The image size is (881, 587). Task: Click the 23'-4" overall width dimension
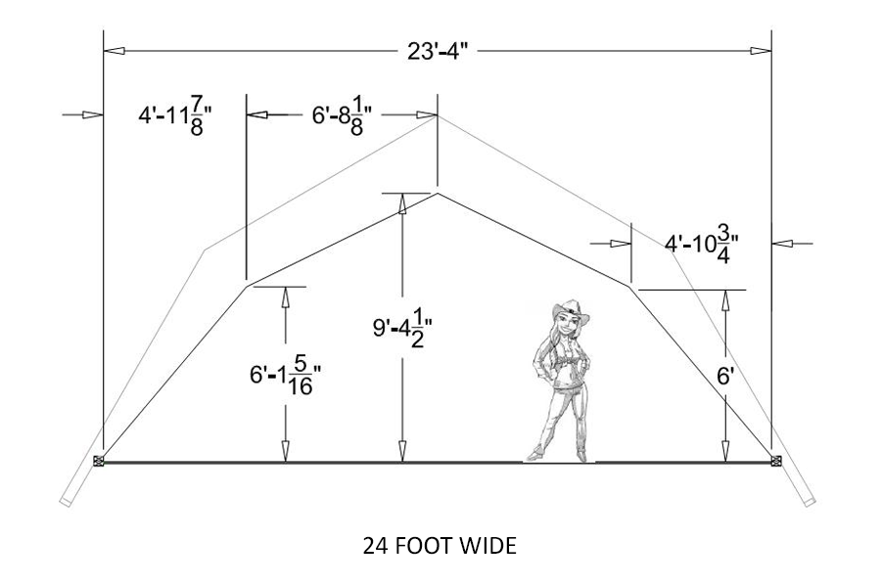tap(438, 51)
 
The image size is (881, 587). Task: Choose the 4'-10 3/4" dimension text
tap(701, 244)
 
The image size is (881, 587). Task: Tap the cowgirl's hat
tap(571, 311)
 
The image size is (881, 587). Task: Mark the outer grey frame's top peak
tap(438, 115)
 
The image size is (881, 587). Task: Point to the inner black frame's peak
tap(438, 194)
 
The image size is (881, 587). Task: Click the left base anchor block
tap(98, 461)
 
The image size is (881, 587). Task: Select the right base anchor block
tap(776, 461)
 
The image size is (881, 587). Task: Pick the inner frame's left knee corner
tap(246, 285)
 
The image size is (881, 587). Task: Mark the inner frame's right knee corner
tap(631, 285)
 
